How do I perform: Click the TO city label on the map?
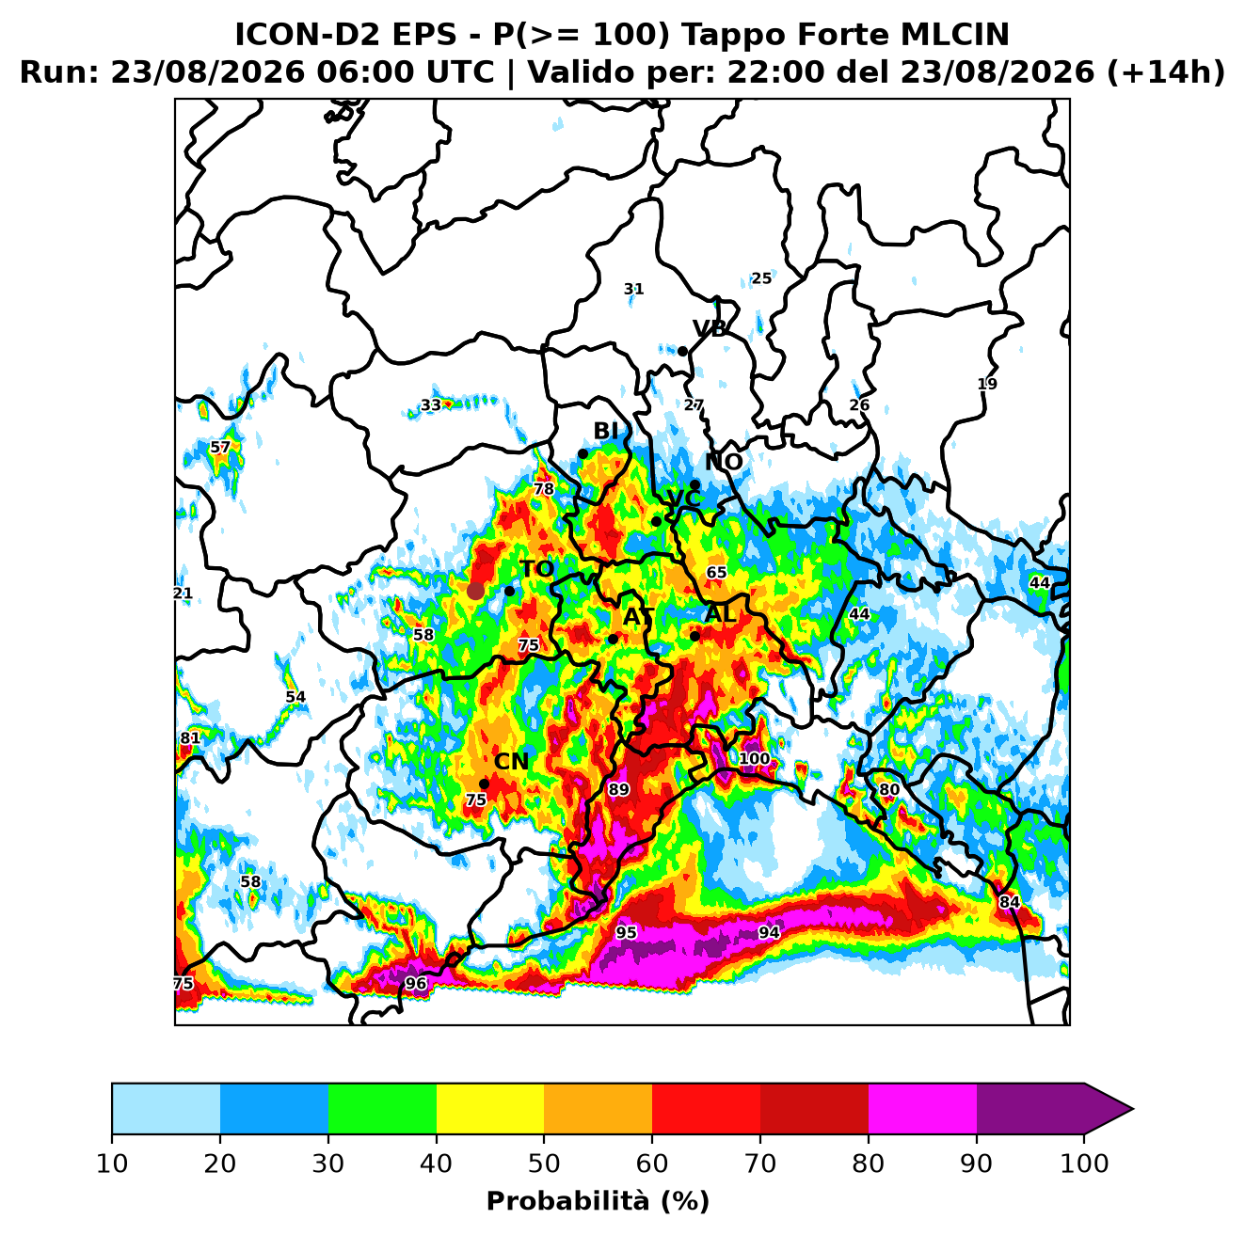point(537,569)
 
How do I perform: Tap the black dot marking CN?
point(484,784)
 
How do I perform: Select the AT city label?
point(638,617)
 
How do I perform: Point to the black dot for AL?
point(694,636)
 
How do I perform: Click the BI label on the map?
point(605,431)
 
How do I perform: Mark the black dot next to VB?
point(682,352)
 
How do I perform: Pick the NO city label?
point(724,462)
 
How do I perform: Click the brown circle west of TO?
point(475,591)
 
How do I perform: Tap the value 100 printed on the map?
point(754,758)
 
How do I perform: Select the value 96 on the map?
point(415,983)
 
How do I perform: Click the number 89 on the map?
point(618,789)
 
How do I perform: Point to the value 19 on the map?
point(986,384)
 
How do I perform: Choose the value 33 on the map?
point(431,405)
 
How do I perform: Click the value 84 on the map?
point(1009,902)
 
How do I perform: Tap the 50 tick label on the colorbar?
point(543,1164)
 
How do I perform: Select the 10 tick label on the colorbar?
point(112,1164)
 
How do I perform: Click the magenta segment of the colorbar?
point(922,1108)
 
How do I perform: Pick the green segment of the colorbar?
point(382,1108)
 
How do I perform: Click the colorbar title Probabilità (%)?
point(598,1202)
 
